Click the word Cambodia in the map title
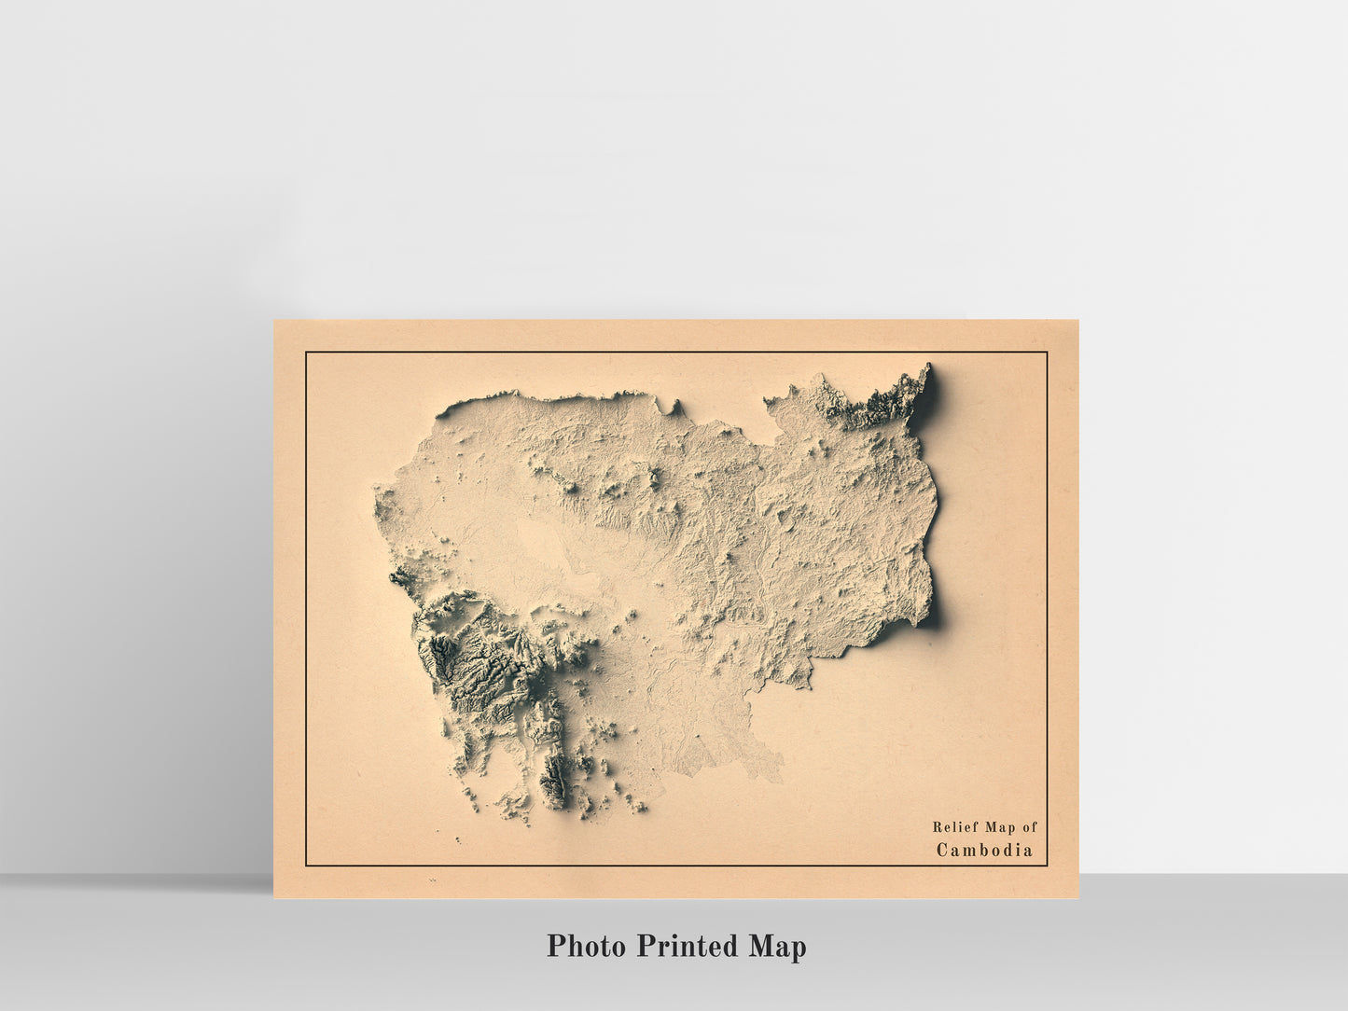pyautogui.click(x=984, y=850)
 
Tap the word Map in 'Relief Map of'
pyautogui.click(x=998, y=826)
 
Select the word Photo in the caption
pyautogui.click(x=586, y=946)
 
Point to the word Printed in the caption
pyautogui.click(x=688, y=946)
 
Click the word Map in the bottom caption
pyautogui.click(x=776, y=946)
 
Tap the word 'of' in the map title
pyautogui.click(x=1029, y=826)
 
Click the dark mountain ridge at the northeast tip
pyautogui.click(x=896, y=396)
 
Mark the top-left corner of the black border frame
pyautogui.click(x=306, y=353)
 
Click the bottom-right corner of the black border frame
pyautogui.click(x=1047, y=866)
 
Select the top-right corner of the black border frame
pyautogui.click(x=1047, y=353)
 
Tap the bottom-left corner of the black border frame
pyautogui.click(x=306, y=866)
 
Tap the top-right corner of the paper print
pyautogui.click(x=1077, y=321)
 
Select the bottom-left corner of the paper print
pyautogui.click(x=274, y=897)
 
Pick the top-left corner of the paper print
pyautogui.click(x=274, y=321)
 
